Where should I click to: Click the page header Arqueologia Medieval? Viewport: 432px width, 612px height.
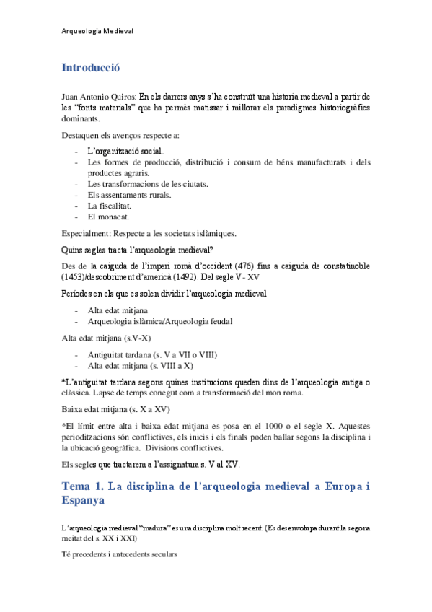pyautogui.click(x=98, y=31)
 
